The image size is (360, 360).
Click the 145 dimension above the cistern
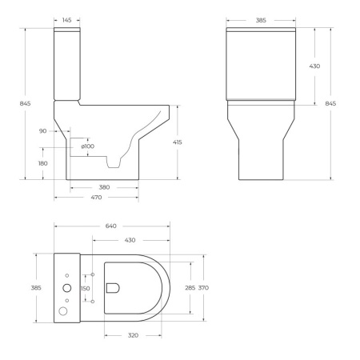pyautogui.click(x=67, y=19)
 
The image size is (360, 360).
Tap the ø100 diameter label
pyautogui.click(x=87, y=146)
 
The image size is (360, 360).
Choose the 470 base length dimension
pyautogui.click(x=95, y=197)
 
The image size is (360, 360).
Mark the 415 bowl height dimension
pyautogui.click(x=178, y=142)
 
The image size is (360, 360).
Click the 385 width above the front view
pyautogui.click(x=260, y=19)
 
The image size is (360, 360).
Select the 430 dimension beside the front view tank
pyautogui.click(x=314, y=66)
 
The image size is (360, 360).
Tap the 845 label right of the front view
pyautogui.click(x=331, y=104)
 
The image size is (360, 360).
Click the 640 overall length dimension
pyautogui.click(x=111, y=226)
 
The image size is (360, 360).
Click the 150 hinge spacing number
pyautogui.click(x=86, y=288)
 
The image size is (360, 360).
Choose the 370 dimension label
pyautogui.click(x=204, y=287)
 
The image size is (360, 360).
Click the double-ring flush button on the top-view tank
pyautogui.click(x=67, y=287)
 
